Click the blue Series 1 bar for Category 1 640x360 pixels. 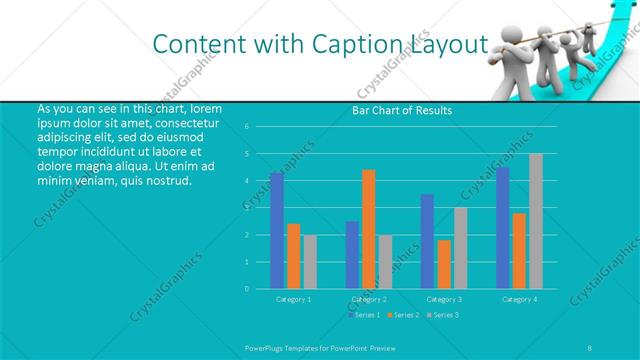coord(277,230)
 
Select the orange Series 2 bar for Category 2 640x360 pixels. coord(369,229)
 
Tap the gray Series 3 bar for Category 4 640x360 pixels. coord(536,221)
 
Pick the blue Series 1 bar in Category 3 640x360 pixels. coord(428,241)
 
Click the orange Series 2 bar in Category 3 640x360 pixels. coord(444,264)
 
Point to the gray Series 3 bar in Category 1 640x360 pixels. coord(310,262)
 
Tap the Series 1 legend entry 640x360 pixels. coord(365,315)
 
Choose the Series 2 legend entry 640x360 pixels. coord(403,315)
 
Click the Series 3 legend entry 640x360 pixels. coord(441,315)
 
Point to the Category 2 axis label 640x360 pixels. coord(369,299)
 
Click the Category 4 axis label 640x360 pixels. coord(519,299)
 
